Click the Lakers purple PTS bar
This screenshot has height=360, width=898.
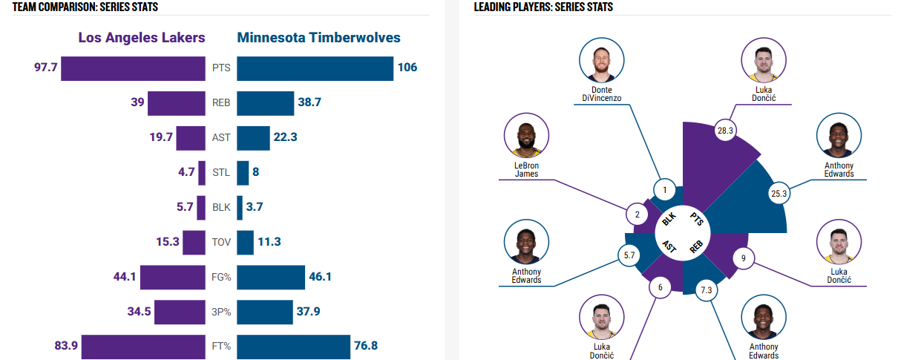[133, 68]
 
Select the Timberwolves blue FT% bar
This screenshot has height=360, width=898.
[293, 346]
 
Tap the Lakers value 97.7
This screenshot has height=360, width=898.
[45, 68]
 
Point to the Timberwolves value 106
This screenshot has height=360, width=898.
[407, 68]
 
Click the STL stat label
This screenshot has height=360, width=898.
[221, 172]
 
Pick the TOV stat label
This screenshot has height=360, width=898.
[221, 242]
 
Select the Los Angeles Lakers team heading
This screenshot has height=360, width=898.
[142, 38]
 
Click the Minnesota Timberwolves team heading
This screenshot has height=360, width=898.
[319, 38]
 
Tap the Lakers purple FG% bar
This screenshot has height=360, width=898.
[172, 277]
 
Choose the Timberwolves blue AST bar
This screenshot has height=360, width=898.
[253, 138]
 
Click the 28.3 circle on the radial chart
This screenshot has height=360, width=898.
[725, 131]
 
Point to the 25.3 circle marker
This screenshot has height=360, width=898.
[779, 194]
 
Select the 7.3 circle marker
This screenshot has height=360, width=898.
[706, 290]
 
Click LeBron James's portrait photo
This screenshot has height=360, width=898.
[526, 137]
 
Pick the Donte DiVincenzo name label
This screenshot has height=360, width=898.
[602, 94]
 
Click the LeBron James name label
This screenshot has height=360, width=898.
[526, 169]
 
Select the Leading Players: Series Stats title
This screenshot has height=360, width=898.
[543, 7]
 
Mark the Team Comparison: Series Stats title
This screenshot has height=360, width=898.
[85, 7]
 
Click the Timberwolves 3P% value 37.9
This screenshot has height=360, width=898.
[308, 312]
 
